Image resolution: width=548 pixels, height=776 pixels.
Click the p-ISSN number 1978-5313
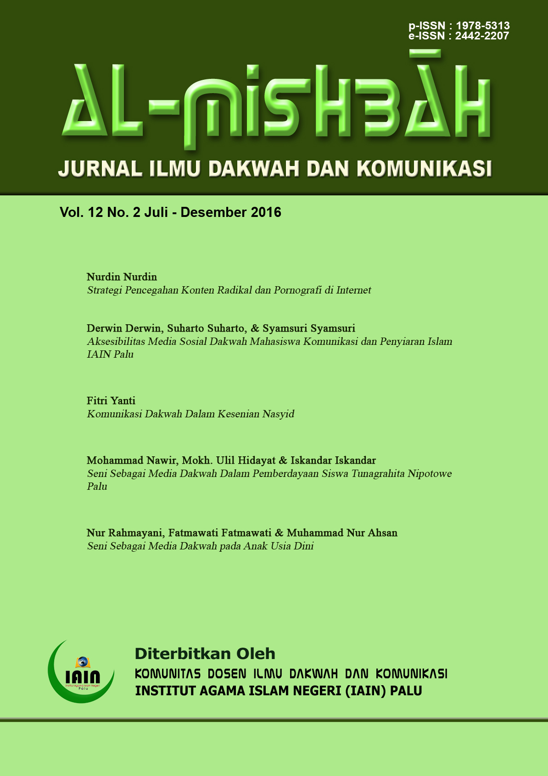(482, 26)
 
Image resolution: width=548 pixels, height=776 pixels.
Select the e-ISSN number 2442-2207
(482, 36)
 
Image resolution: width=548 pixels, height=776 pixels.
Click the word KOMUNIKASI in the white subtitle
(424, 168)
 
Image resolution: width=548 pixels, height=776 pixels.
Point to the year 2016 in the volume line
(266, 212)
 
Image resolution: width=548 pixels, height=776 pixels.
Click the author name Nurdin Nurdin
(122, 277)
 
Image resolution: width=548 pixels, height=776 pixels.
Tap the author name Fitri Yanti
(111, 401)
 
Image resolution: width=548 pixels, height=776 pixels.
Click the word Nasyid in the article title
(278, 414)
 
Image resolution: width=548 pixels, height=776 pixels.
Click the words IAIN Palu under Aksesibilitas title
(110, 355)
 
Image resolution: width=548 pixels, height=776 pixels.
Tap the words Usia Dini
(292, 546)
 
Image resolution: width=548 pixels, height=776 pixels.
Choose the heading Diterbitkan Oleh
(205, 654)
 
